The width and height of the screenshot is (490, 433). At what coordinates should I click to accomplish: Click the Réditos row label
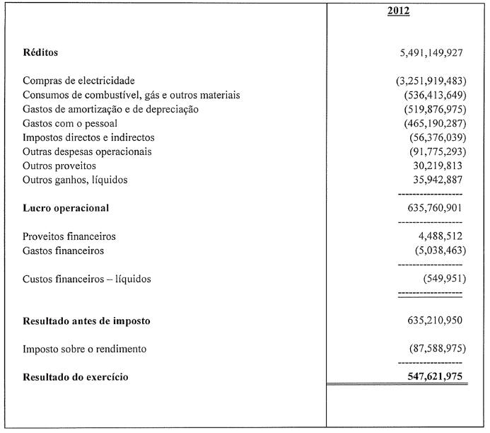(x=40, y=53)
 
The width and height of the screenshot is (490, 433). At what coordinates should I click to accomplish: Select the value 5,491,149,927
(x=431, y=53)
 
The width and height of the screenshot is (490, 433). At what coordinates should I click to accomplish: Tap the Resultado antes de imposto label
(x=86, y=321)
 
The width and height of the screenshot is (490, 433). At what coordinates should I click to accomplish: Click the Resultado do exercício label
(x=76, y=377)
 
